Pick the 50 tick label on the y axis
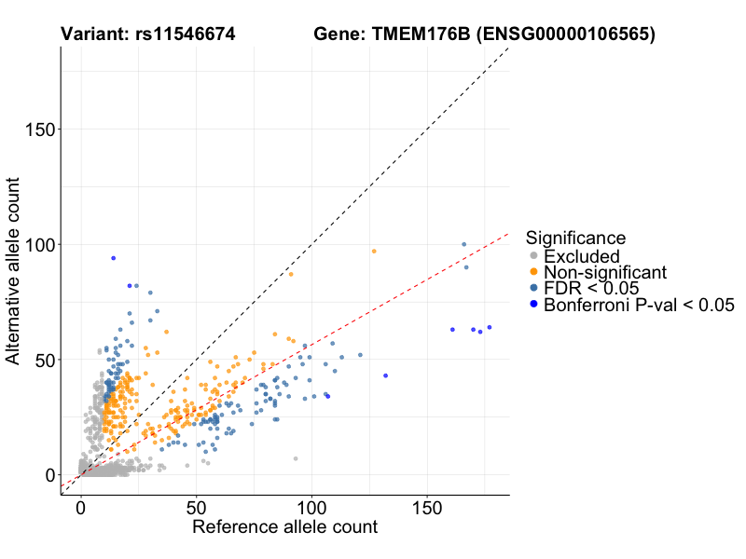[x=42, y=360]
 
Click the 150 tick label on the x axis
[x=427, y=509]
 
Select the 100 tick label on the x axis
[x=311, y=509]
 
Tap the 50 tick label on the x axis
[x=196, y=509]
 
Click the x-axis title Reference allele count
[x=284, y=527]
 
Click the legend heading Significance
[x=575, y=238]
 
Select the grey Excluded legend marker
[x=533, y=256]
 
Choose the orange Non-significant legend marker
[x=533, y=272]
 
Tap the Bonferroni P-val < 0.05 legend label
[x=640, y=305]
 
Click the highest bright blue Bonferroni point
[x=113, y=258]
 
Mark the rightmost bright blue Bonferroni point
[x=489, y=327]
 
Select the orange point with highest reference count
[x=374, y=251]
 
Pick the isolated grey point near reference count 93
[x=296, y=458]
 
